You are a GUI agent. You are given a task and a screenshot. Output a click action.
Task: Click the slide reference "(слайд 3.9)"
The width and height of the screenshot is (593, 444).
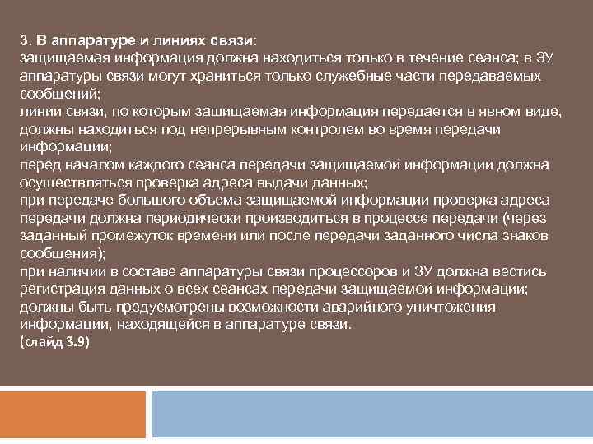tap(54, 342)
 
